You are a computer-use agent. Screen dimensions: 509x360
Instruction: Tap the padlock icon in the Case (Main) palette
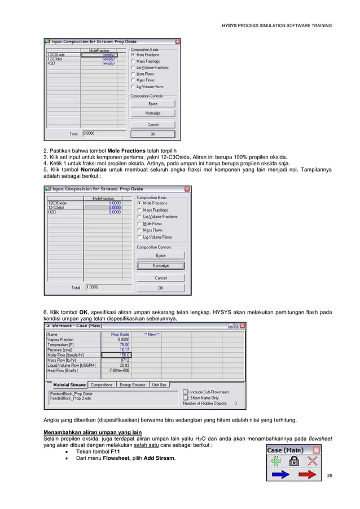pyautogui.click(x=294, y=460)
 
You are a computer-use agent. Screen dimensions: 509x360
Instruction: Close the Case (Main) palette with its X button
pyautogui.click(x=316, y=449)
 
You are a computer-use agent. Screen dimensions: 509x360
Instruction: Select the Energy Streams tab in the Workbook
pyautogui.click(x=133, y=385)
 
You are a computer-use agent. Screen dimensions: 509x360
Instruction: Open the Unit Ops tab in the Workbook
pyautogui.click(x=159, y=385)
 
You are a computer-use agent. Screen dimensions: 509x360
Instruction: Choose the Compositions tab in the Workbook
pyautogui.click(x=102, y=385)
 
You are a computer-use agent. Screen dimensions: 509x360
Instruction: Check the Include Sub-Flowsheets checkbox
pyautogui.click(x=186, y=391)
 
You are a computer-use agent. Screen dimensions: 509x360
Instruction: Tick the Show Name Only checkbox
pyautogui.click(x=186, y=397)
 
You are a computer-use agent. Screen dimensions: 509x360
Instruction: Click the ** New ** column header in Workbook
pyautogui.click(x=152, y=334)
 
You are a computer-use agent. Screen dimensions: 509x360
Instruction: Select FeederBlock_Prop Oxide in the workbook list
pyautogui.click(x=71, y=398)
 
